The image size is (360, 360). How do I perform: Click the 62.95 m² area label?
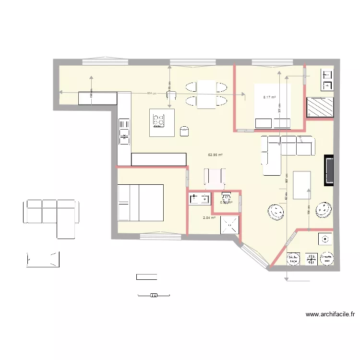coord(215,155)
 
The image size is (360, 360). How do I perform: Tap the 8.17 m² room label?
coord(269,97)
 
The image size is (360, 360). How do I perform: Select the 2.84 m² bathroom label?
coord(209,217)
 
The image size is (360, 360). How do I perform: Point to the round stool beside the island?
coord(184,131)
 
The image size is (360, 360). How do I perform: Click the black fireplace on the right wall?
coord(329,170)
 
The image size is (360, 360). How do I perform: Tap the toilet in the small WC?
coord(225,197)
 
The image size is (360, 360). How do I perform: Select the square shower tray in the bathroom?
coord(230,224)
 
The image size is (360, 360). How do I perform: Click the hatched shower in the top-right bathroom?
coord(319,107)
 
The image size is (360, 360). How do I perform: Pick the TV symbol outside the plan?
coord(154,295)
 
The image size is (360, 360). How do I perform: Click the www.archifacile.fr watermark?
coord(330,315)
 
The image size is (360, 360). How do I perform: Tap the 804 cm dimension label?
coord(151,93)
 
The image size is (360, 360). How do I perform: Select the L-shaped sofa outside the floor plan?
coord(50,216)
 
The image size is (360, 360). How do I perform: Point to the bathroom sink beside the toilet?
coord(199,198)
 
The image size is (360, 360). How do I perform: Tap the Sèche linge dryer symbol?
coord(293,259)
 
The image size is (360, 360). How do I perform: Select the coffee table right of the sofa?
coord(301,185)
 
